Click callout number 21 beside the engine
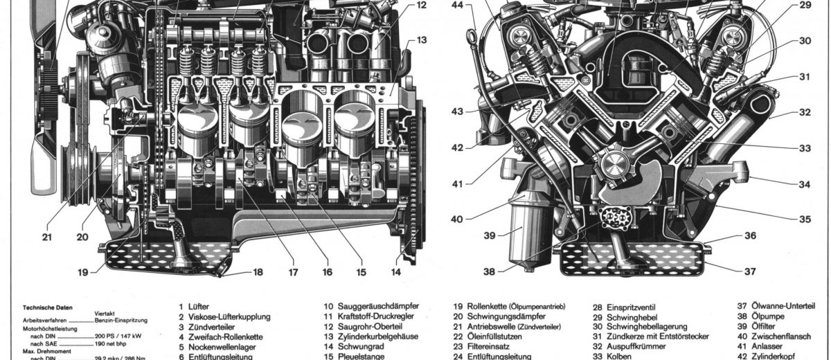(46, 237)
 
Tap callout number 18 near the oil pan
(258, 272)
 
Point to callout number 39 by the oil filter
(490, 235)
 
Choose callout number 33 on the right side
(804, 147)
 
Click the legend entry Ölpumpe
(760, 316)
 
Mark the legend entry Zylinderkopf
(769, 357)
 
